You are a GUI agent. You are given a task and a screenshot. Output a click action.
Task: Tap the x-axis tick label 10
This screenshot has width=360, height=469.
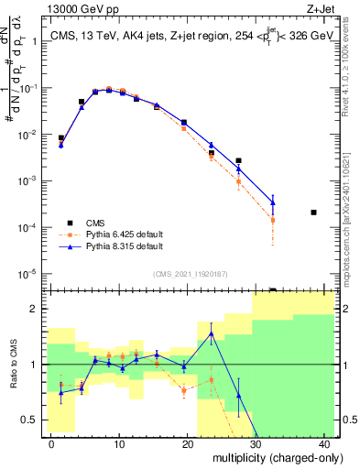(x=120, y=443)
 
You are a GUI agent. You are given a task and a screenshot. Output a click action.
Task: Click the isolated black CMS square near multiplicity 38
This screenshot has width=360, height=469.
(x=313, y=213)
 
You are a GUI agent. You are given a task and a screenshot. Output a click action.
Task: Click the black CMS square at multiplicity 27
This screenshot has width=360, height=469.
(x=238, y=161)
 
